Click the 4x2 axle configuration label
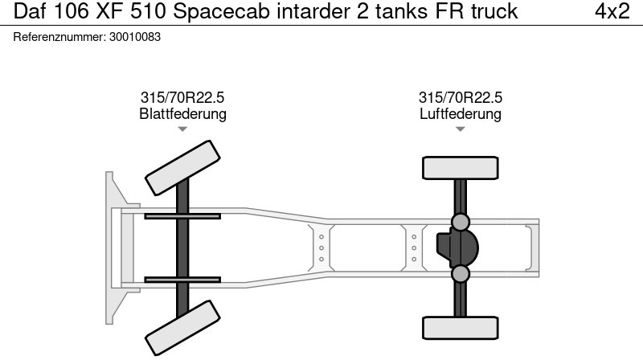click(612, 11)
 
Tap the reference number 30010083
click(135, 37)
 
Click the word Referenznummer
click(59, 37)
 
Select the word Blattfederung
click(183, 113)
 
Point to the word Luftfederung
click(460, 113)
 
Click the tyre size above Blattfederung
click(182, 97)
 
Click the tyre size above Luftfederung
click(460, 97)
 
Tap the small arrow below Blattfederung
click(182, 129)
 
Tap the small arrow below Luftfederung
click(460, 129)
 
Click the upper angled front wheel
click(182, 168)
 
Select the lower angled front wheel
click(182, 328)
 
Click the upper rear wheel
click(460, 168)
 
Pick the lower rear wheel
click(460, 328)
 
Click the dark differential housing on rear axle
click(457, 247)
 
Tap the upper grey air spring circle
click(460, 222)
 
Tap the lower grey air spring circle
click(460, 274)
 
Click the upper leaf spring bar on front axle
click(182, 216)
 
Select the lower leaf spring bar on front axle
click(182, 280)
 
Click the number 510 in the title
click(148, 11)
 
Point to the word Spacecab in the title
click(222, 12)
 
